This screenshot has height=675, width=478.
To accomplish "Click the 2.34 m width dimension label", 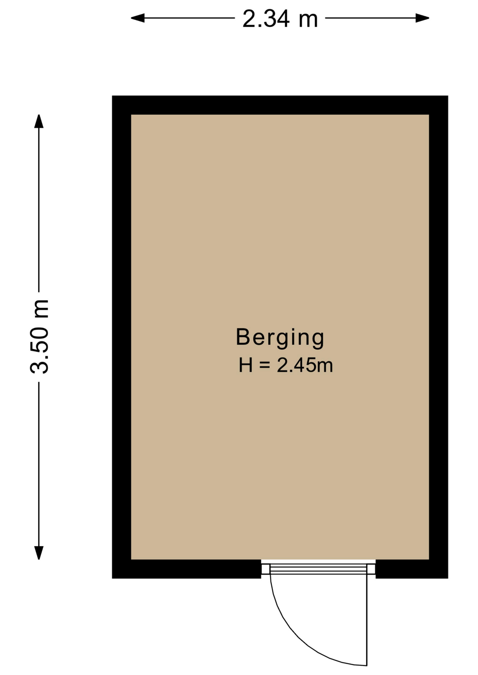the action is (280, 19).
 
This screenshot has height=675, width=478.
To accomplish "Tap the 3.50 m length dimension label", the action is (39, 337).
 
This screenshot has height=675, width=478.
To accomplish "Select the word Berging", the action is (280, 338).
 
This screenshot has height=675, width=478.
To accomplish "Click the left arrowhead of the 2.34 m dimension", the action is (138, 18).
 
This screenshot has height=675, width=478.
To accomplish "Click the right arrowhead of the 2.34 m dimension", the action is (422, 18).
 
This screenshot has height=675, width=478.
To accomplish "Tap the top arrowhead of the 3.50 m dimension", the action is (39, 121).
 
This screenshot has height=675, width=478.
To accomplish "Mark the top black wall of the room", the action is (280, 105).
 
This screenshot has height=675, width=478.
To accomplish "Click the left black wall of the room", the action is (121, 337).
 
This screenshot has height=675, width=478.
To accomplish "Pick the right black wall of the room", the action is (439, 337).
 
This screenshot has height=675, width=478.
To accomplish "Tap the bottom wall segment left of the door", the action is (187, 569).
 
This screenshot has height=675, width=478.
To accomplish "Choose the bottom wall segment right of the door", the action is (412, 569).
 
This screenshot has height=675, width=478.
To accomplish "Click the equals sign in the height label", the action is (265, 365).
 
